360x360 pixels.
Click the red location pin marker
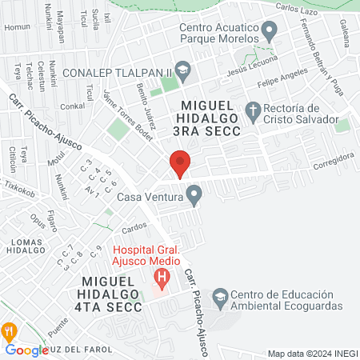click(x=180, y=164)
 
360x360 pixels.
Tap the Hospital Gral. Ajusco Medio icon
click(x=164, y=280)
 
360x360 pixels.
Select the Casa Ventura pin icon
click(x=194, y=194)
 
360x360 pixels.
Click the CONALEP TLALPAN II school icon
click(x=182, y=70)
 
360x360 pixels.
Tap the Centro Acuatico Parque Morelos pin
click(x=270, y=32)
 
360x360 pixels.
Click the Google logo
click(x=26, y=350)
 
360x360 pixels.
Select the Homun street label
click(x=16, y=26)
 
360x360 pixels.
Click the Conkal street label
click(x=72, y=106)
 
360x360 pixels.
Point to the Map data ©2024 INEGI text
click(x=311, y=353)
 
